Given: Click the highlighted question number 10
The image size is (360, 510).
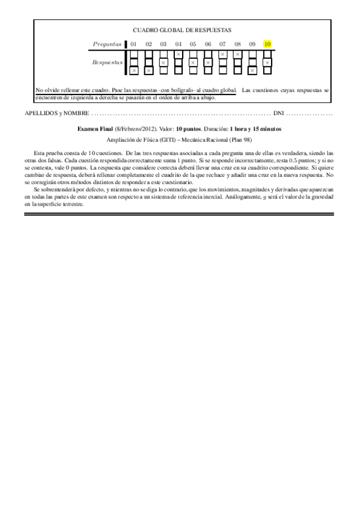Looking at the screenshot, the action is [x=267, y=44].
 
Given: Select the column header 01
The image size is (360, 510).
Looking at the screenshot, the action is [x=133, y=44].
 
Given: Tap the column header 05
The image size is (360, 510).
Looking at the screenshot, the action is [x=193, y=44].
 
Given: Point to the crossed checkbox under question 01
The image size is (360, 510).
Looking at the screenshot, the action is [x=133, y=70].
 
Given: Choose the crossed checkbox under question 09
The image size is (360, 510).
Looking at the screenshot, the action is [x=252, y=70].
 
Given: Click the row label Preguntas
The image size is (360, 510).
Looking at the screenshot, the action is [x=107, y=44].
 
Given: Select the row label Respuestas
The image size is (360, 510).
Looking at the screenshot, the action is [x=107, y=62].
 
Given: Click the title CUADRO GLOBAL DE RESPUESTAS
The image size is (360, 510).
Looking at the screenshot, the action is [x=182, y=29].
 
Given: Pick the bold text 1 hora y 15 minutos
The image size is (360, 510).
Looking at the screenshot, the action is [x=255, y=129].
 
